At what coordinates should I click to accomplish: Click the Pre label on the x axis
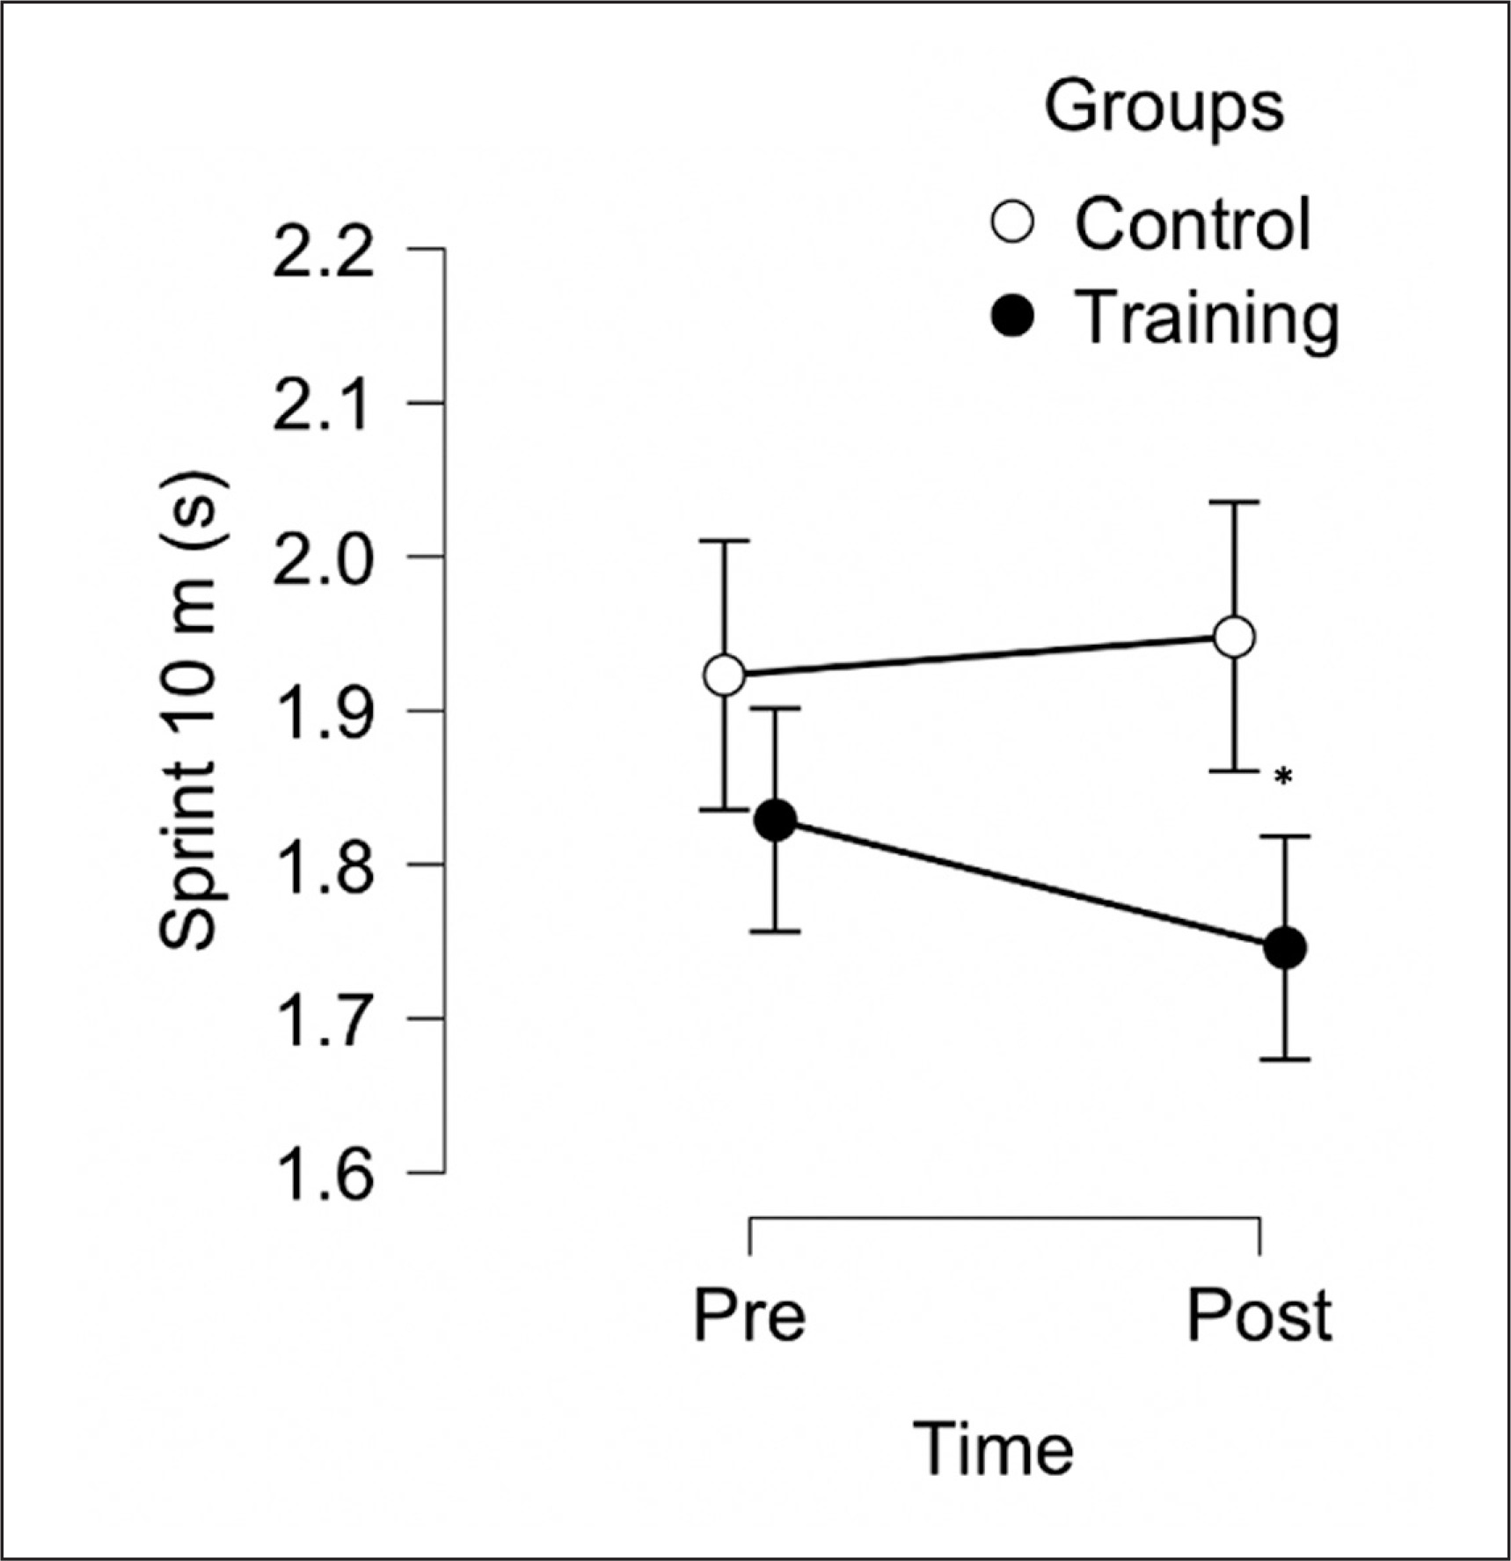(x=749, y=1316)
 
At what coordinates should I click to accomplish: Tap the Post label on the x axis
(x=1259, y=1316)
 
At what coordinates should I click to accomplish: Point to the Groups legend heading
(x=1164, y=107)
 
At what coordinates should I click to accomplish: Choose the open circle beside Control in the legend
(x=1013, y=222)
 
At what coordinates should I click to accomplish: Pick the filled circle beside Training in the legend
(x=1013, y=317)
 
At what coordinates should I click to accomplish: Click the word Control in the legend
(x=1193, y=223)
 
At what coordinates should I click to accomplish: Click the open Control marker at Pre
(x=725, y=675)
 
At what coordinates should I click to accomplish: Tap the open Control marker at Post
(x=1234, y=637)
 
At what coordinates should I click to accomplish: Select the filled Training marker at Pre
(x=776, y=821)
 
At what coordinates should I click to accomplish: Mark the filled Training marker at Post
(x=1285, y=948)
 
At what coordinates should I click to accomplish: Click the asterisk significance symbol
(x=1284, y=777)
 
